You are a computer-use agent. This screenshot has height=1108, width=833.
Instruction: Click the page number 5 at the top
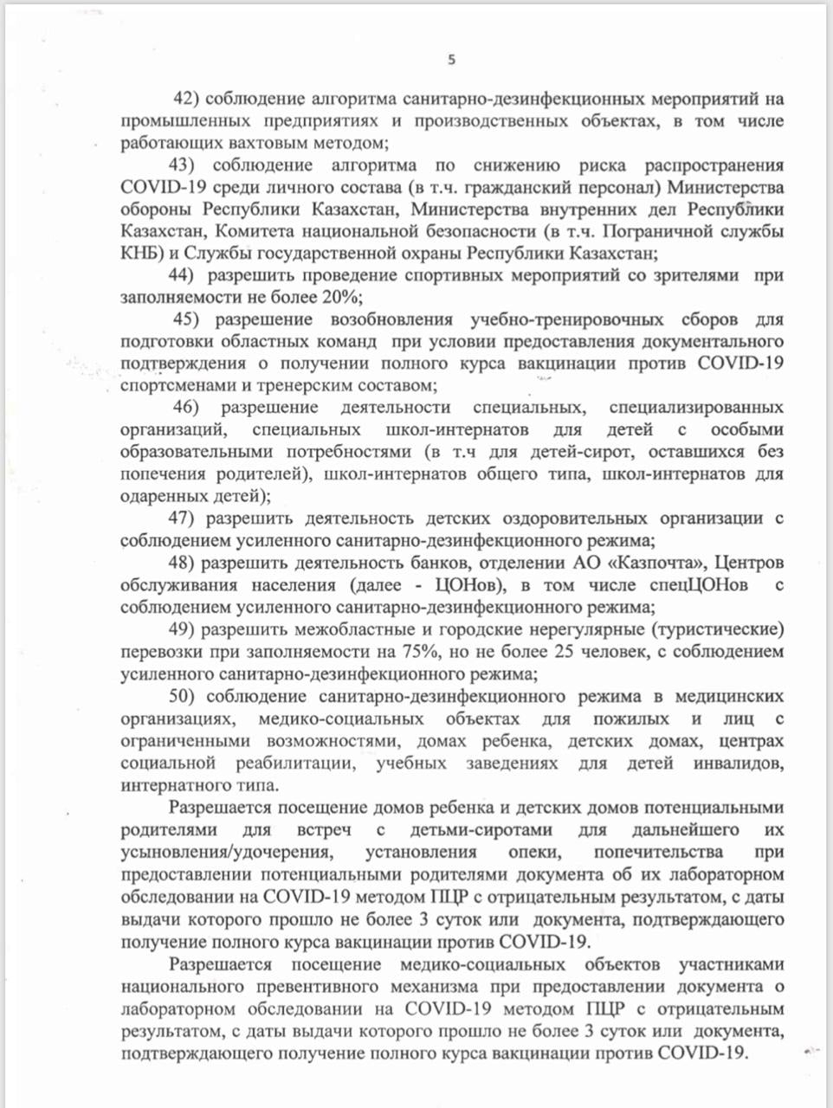(451, 59)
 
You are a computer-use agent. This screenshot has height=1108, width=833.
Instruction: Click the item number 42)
(189, 98)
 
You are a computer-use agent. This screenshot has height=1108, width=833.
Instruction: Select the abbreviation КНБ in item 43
(139, 254)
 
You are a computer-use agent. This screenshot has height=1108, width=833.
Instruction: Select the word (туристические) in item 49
(715, 629)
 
